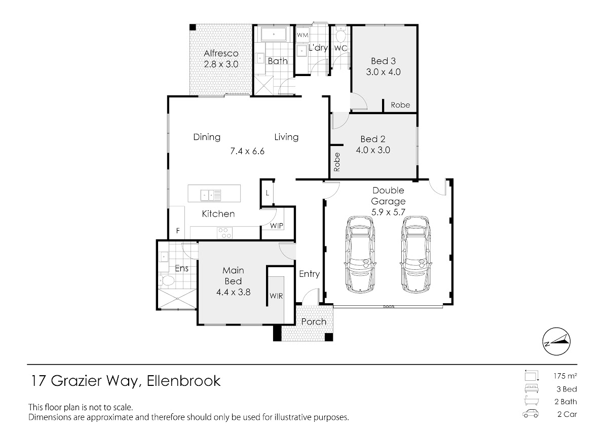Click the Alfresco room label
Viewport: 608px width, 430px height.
point(221,53)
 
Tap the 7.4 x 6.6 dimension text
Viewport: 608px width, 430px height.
point(248,151)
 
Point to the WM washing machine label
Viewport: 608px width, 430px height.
point(302,35)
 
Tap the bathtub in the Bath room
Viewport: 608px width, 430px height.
point(274,35)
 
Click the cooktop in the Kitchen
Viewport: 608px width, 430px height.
point(224,233)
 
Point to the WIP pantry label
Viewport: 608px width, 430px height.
point(277,226)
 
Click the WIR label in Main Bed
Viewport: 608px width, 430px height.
point(276,295)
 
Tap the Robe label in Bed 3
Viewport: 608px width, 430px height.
point(400,105)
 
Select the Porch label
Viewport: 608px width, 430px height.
point(314,322)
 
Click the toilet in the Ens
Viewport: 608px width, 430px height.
point(167,280)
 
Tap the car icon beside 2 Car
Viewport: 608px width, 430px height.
point(530,414)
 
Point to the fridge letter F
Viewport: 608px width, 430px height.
point(178,231)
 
